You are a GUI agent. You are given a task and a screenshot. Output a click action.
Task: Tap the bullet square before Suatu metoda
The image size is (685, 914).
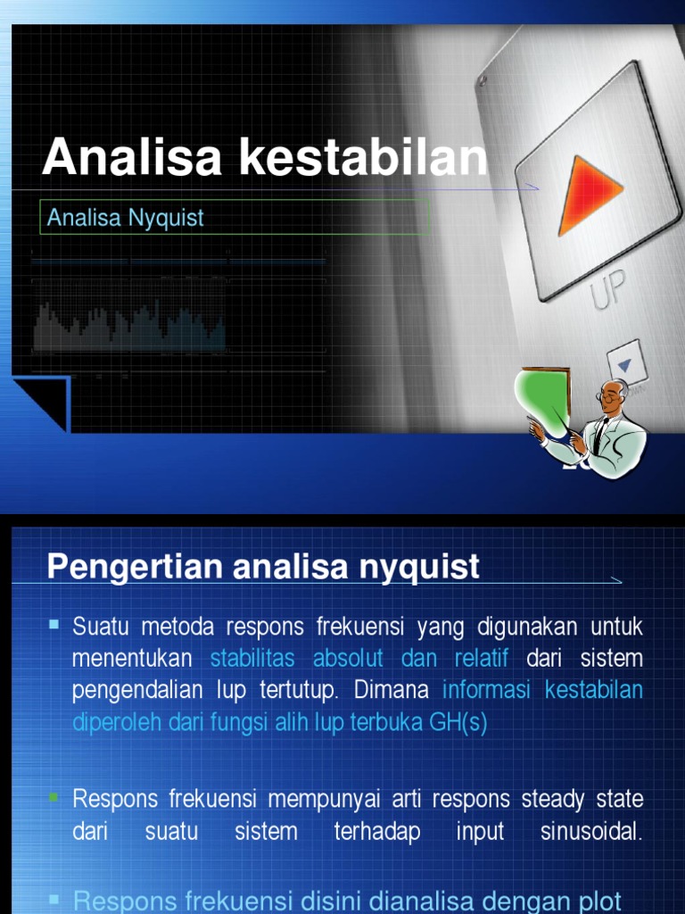pyautogui.click(x=54, y=625)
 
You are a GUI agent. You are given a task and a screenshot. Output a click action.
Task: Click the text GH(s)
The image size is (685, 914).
pyautogui.click(x=458, y=722)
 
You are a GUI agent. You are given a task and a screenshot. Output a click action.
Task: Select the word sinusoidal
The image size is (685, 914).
pyautogui.click(x=590, y=832)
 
